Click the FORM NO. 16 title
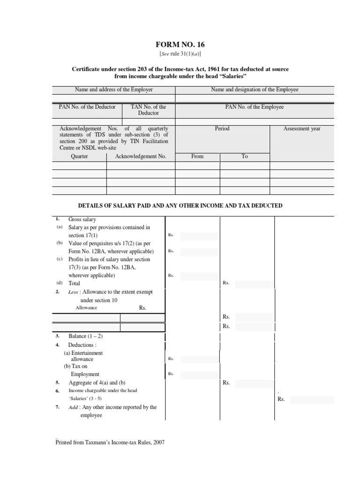180,45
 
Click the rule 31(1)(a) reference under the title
180,54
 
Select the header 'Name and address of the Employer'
114,90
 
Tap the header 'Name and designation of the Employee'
255,90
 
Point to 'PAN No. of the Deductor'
87,107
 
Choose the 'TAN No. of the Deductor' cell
149,110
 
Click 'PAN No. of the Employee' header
255,107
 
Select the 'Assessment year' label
302,128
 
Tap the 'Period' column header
222,128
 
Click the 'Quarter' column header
79,157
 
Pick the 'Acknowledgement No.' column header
141,157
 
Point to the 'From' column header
197,157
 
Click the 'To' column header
245,157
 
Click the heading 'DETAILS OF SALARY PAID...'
180,205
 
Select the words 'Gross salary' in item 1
82,219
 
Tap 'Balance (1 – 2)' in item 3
84,336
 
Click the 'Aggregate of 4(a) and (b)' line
97,382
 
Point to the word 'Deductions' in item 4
83,345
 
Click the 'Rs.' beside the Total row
226,283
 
